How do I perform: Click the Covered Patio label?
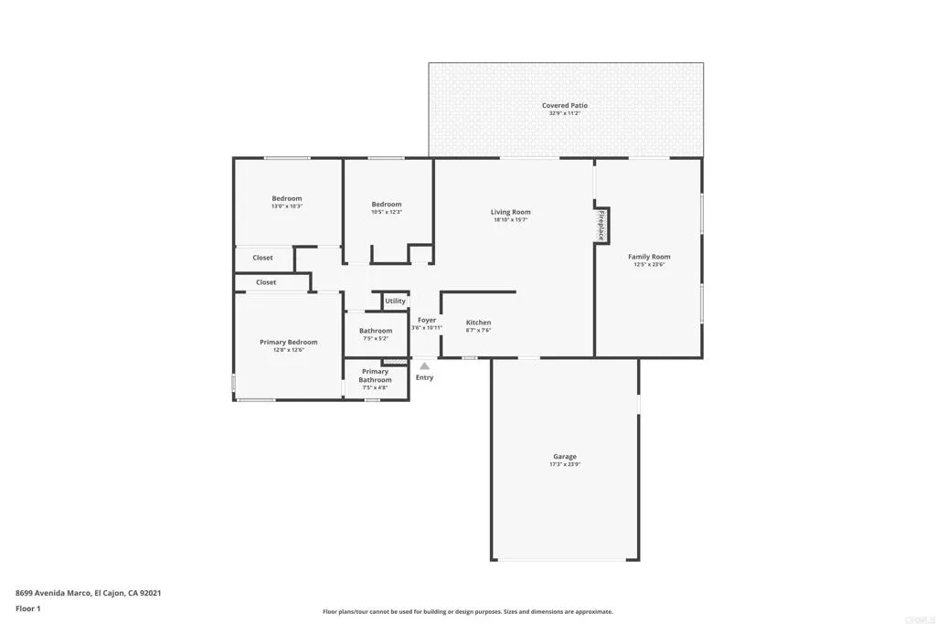(565, 106)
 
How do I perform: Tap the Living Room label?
(510, 212)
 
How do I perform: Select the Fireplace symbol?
(601, 226)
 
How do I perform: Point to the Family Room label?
(649, 257)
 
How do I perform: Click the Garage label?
(564, 457)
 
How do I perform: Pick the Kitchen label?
(478, 323)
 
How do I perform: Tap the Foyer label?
(427, 320)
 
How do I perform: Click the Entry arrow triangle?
(424, 366)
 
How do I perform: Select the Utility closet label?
(395, 301)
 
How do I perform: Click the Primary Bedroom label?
(288, 342)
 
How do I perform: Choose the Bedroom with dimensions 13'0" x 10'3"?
(286, 198)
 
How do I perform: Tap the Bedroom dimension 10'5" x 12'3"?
(387, 212)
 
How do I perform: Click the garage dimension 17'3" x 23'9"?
(564, 465)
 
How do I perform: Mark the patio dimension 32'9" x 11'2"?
(565, 114)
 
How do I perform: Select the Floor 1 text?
(28, 608)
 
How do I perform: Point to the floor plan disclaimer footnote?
(467, 612)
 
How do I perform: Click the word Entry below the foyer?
(424, 377)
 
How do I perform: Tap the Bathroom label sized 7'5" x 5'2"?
(375, 331)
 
